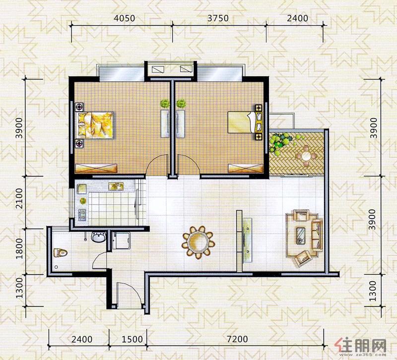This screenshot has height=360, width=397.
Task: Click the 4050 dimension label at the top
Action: (x=124, y=18)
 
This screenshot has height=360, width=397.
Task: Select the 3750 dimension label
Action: (x=218, y=18)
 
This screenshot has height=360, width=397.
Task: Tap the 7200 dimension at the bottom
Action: (x=237, y=339)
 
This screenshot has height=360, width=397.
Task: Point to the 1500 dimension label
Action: (x=132, y=339)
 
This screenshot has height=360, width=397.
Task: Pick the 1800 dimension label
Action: (x=19, y=249)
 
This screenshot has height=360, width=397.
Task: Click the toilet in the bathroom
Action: (x=60, y=253)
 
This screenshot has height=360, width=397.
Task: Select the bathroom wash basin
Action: (x=98, y=238)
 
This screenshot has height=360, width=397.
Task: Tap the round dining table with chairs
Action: (x=198, y=242)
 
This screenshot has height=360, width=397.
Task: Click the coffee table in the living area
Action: (x=301, y=236)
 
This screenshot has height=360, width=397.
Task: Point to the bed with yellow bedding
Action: (x=95, y=125)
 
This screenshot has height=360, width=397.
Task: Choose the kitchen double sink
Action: (x=116, y=186)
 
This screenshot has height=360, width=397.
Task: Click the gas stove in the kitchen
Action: (x=82, y=215)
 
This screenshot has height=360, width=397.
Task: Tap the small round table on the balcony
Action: (x=306, y=156)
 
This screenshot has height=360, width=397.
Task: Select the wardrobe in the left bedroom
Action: (x=96, y=168)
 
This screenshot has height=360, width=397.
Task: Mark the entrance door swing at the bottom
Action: (x=129, y=295)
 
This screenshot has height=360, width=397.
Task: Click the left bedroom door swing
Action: (x=157, y=164)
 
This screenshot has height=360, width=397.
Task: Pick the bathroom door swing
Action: (x=99, y=260)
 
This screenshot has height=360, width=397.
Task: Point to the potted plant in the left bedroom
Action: (x=165, y=104)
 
